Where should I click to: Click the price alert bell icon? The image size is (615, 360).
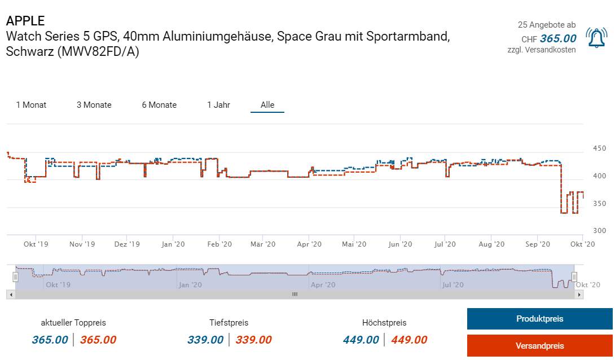click(x=596, y=38)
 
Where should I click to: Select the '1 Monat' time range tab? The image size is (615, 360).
click(x=31, y=105)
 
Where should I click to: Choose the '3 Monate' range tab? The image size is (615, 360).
click(x=94, y=105)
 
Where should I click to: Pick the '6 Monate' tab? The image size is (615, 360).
click(x=159, y=105)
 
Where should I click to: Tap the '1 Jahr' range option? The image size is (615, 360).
click(x=218, y=105)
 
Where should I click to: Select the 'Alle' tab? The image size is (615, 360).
click(x=267, y=105)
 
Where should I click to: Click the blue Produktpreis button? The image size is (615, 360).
click(x=539, y=319)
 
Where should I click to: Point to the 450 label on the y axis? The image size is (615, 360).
click(x=599, y=148)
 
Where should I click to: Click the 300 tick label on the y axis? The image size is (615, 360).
click(x=599, y=231)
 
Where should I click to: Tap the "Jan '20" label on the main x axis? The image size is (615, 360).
click(x=173, y=244)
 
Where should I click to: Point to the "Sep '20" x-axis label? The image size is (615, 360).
click(x=538, y=244)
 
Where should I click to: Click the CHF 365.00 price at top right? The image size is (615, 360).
click(x=557, y=38)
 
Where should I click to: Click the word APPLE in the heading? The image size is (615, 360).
click(x=25, y=21)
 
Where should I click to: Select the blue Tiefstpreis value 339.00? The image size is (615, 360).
click(x=205, y=340)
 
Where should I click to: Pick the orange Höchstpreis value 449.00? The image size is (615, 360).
click(x=409, y=340)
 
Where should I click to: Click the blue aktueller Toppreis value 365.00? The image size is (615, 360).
click(x=50, y=340)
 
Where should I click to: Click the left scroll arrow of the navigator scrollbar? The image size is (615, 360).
click(x=10, y=295)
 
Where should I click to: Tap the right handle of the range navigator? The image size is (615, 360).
click(x=574, y=276)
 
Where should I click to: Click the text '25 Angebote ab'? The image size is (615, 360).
click(x=547, y=25)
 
